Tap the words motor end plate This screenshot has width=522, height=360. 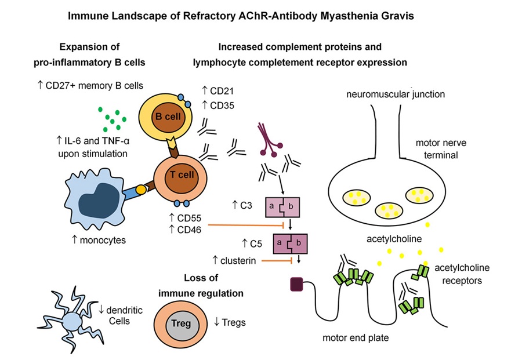coord(362,337)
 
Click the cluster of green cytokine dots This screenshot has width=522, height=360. coord(112,120)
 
